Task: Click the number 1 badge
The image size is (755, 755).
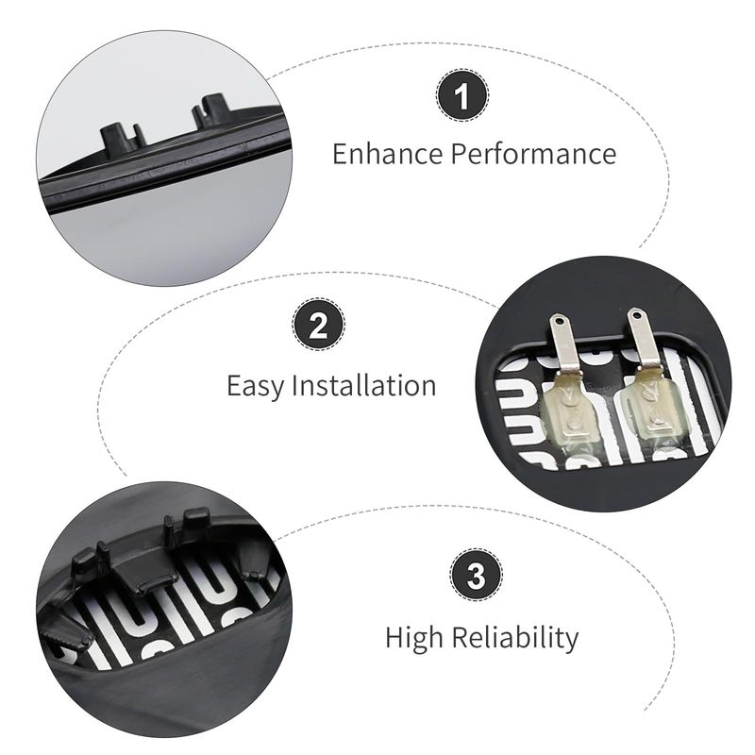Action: [x=462, y=95]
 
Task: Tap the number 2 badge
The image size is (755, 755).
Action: [x=318, y=325]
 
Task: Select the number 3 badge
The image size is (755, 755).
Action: [x=477, y=575]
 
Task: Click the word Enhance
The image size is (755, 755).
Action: [x=388, y=154]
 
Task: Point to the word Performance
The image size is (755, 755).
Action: [x=533, y=154]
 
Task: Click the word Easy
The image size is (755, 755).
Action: [x=255, y=387]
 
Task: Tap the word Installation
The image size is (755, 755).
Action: [x=364, y=386]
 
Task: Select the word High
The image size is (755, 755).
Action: [x=414, y=638]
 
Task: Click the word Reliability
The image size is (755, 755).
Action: [x=515, y=638]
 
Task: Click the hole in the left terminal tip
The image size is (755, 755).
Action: [x=559, y=320]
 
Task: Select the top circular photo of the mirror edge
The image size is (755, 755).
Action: [x=163, y=158]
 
